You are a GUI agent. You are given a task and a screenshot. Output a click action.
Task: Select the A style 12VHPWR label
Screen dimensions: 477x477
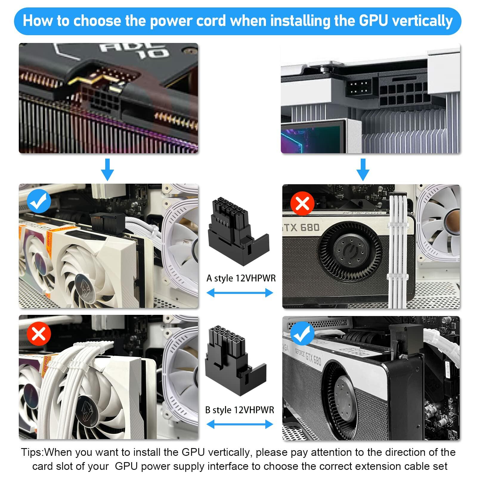[x=241, y=278]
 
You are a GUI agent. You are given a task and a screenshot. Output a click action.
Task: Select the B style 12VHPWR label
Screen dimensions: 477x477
[x=239, y=410]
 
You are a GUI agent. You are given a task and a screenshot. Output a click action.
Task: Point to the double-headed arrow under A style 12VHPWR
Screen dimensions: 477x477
[x=240, y=293]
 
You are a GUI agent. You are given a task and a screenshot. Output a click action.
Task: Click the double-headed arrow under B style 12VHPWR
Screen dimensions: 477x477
[x=240, y=424]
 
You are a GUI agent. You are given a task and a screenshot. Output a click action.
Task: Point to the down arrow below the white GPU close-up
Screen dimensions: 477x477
[x=363, y=169]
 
